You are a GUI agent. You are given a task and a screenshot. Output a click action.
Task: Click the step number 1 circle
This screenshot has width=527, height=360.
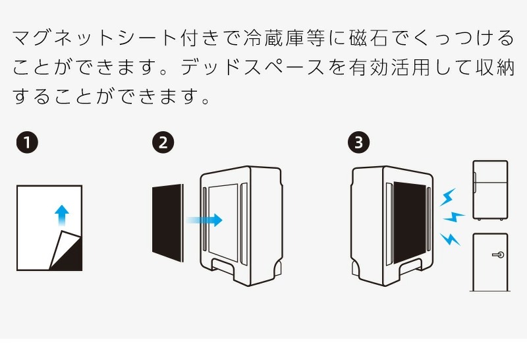(x=27, y=142)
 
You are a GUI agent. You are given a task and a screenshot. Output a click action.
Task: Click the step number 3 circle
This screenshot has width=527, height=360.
(x=358, y=142)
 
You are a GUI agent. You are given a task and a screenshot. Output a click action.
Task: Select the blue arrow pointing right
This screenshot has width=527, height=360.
(x=205, y=221)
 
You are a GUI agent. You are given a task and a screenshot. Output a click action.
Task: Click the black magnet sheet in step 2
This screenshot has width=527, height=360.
(x=167, y=223)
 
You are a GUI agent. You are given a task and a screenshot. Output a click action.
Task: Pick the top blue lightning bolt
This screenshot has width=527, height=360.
(x=448, y=196)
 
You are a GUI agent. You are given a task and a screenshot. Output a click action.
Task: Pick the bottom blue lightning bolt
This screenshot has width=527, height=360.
(x=450, y=238)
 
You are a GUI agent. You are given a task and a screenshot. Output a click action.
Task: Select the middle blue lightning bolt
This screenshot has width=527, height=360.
(x=454, y=216)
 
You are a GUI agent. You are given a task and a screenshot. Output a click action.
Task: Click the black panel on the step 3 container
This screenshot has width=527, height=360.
(x=410, y=222)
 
